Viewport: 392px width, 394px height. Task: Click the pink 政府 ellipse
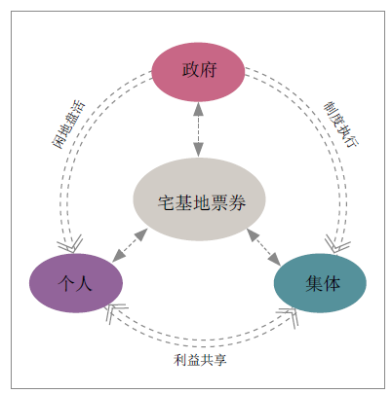click(x=198, y=72)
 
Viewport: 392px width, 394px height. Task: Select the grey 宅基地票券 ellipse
click(x=199, y=199)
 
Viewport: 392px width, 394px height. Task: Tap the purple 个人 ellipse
click(x=76, y=283)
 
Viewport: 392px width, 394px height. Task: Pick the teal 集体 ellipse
click(x=320, y=283)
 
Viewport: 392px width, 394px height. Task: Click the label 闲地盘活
click(x=68, y=125)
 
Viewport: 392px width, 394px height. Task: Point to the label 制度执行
click(x=341, y=125)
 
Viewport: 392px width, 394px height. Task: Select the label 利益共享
click(x=200, y=360)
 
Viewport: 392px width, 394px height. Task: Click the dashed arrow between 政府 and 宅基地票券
click(x=198, y=129)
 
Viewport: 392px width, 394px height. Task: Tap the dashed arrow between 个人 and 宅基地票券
click(x=130, y=245)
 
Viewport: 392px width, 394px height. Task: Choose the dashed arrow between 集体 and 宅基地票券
click(x=264, y=247)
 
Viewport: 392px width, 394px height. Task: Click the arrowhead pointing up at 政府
click(x=198, y=109)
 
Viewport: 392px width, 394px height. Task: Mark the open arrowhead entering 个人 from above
click(x=71, y=244)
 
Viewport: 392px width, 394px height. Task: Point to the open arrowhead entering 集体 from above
click(x=336, y=244)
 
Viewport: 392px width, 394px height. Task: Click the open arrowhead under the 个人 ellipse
click(x=114, y=312)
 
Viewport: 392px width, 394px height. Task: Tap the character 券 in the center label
click(x=237, y=203)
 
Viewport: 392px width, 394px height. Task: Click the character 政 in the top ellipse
click(x=190, y=69)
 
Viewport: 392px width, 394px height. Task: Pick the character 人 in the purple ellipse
click(x=84, y=283)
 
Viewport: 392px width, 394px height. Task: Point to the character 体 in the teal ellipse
click(x=332, y=283)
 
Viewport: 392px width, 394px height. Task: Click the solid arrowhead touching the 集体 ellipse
click(x=275, y=260)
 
